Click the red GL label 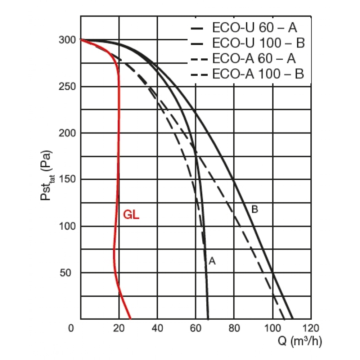[x=131, y=215]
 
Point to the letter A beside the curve [x=212, y=261]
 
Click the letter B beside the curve [x=255, y=209]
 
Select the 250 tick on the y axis [x=67, y=86]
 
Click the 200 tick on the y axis [x=67, y=133]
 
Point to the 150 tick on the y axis [x=67, y=180]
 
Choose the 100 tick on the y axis [x=67, y=226]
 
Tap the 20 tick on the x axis [x=119, y=328]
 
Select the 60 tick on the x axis [x=195, y=328]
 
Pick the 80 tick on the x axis [x=234, y=328]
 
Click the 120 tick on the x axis [x=311, y=328]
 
